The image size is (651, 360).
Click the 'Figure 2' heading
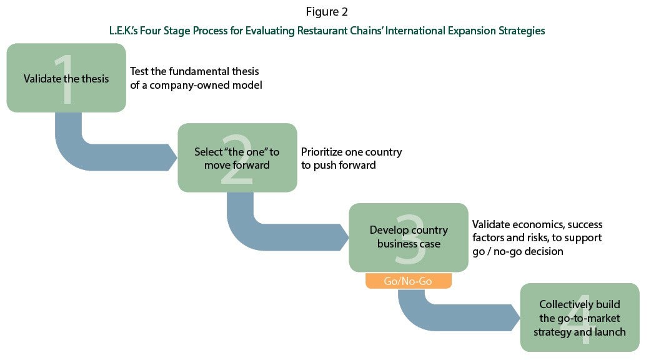(x=327, y=12)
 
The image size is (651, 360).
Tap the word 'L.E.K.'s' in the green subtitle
(x=123, y=31)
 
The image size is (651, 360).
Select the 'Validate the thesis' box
(x=66, y=77)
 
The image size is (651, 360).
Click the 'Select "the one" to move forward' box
(x=237, y=157)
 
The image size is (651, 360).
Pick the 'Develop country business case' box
(x=409, y=237)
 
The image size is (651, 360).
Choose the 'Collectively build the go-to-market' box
(x=580, y=317)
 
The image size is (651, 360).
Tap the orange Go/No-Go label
(x=409, y=281)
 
